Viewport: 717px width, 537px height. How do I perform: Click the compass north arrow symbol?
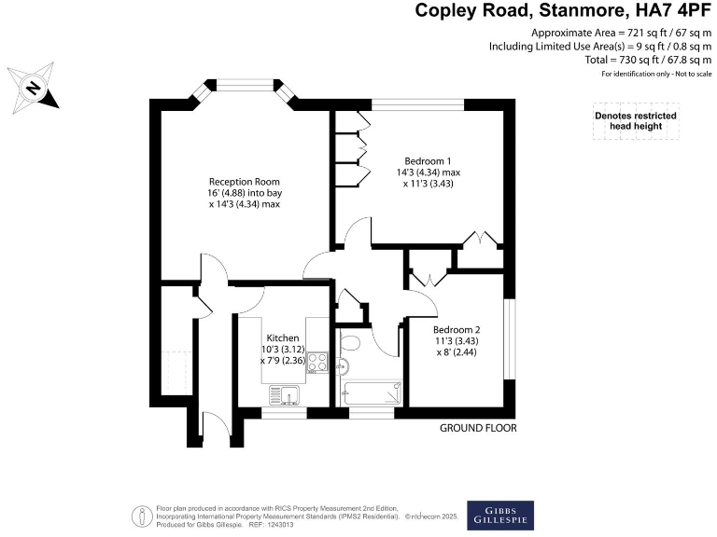pyautogui.click(x=34, y=89)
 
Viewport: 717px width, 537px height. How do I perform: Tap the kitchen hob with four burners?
pyautogui.click(x=317, y=362)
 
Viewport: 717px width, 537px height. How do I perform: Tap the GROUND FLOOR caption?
pyautogui.click(x=478, y=428)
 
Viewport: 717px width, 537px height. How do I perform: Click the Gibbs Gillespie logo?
pyautogui.click(x=501, y=515)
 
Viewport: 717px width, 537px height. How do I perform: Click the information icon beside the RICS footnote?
pyautogui.click(x=141, y=515)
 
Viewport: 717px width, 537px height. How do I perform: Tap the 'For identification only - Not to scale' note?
pyautogui.click(x=656, y=73)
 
